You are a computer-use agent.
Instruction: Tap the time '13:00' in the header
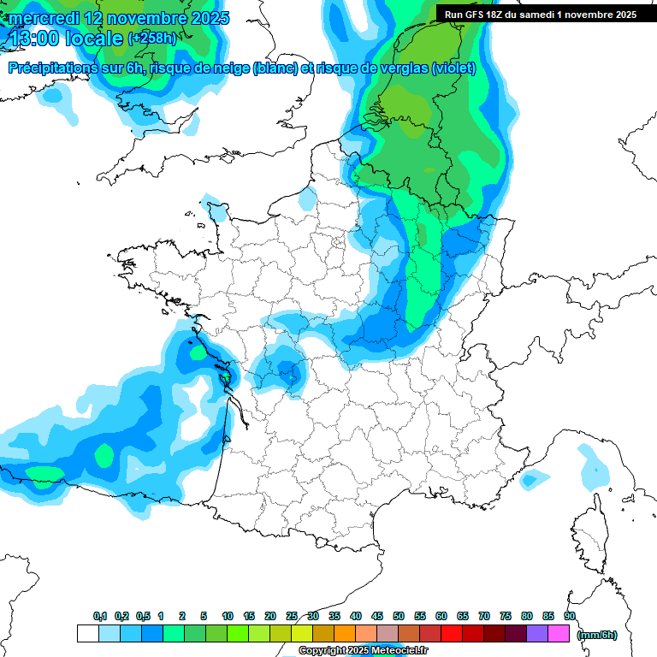click(37, 38)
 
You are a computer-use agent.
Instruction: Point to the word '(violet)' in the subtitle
click(453, 68)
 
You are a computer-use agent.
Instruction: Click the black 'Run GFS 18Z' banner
click(540, 15)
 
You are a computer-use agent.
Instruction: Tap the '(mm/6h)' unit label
click(598, 634)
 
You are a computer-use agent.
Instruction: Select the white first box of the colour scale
click(87, 634)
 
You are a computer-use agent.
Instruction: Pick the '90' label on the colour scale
click(570, 616)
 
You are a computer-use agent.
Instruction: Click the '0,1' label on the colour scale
click(100, 616)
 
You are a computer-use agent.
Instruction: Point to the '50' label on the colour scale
click(399, 616)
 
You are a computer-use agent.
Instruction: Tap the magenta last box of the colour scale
click(559, 634)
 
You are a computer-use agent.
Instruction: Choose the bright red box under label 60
click(452, 634)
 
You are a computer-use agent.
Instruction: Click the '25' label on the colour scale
click(292, 616)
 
